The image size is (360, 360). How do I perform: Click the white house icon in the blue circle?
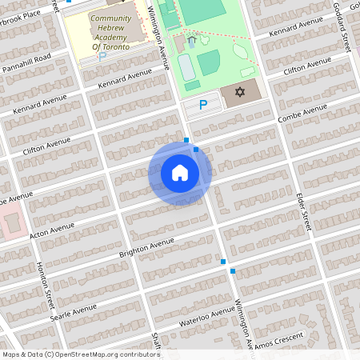point(180,173)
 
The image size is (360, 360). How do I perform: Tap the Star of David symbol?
point(238,92)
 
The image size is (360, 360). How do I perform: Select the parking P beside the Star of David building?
point(203,105)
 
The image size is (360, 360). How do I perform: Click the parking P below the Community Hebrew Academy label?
point(101,57)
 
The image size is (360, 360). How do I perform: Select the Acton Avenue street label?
point(50,230)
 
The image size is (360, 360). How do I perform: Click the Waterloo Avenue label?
point(202,318)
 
